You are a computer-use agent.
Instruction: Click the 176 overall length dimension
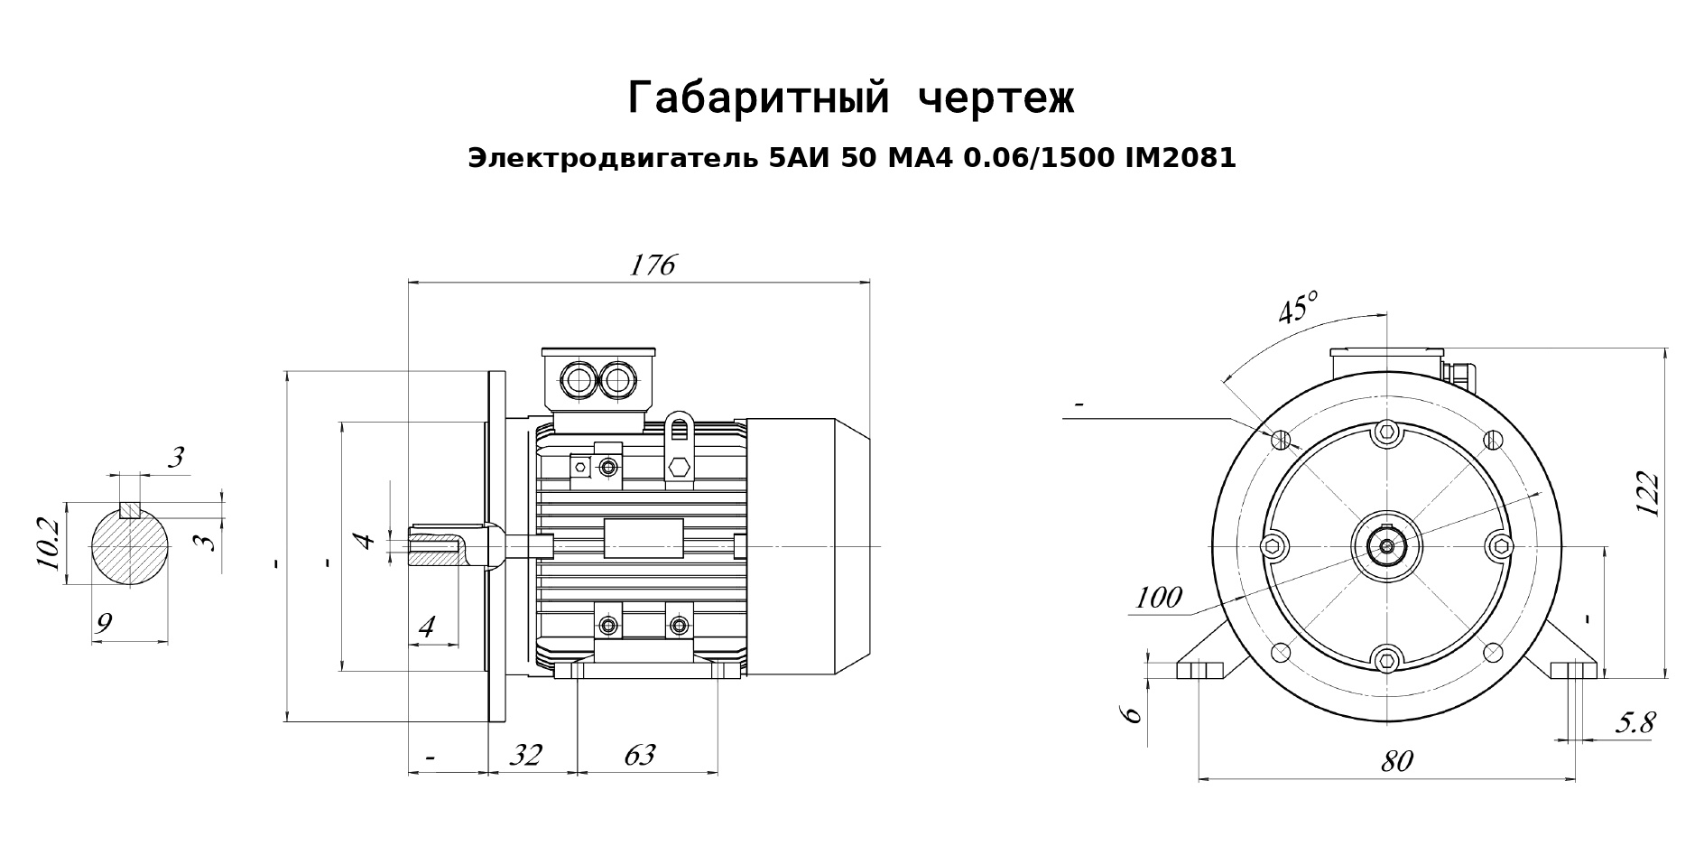[x=652, y=265]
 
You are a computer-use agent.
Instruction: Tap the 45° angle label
[x=1298, y=308]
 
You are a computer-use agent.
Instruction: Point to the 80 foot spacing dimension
[x=1395, y=761]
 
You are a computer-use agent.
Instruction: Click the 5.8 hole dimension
[x=1635, y=722]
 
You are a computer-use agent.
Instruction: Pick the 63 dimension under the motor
[x=639, y=754]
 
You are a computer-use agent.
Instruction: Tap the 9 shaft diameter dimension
[x=104, y=622]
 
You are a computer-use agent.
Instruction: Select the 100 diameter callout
[x=1158, y=597]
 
